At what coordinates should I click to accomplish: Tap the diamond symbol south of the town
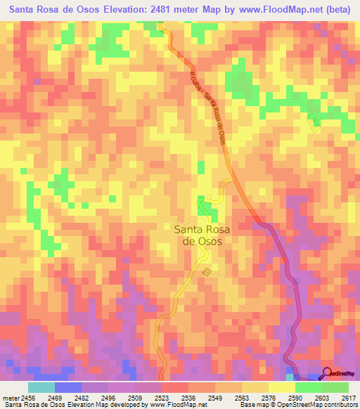[206, 272]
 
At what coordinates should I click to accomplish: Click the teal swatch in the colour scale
[41, 387]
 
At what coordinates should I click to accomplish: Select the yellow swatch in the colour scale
[281, 387]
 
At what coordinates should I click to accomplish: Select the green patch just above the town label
[206, 207]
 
